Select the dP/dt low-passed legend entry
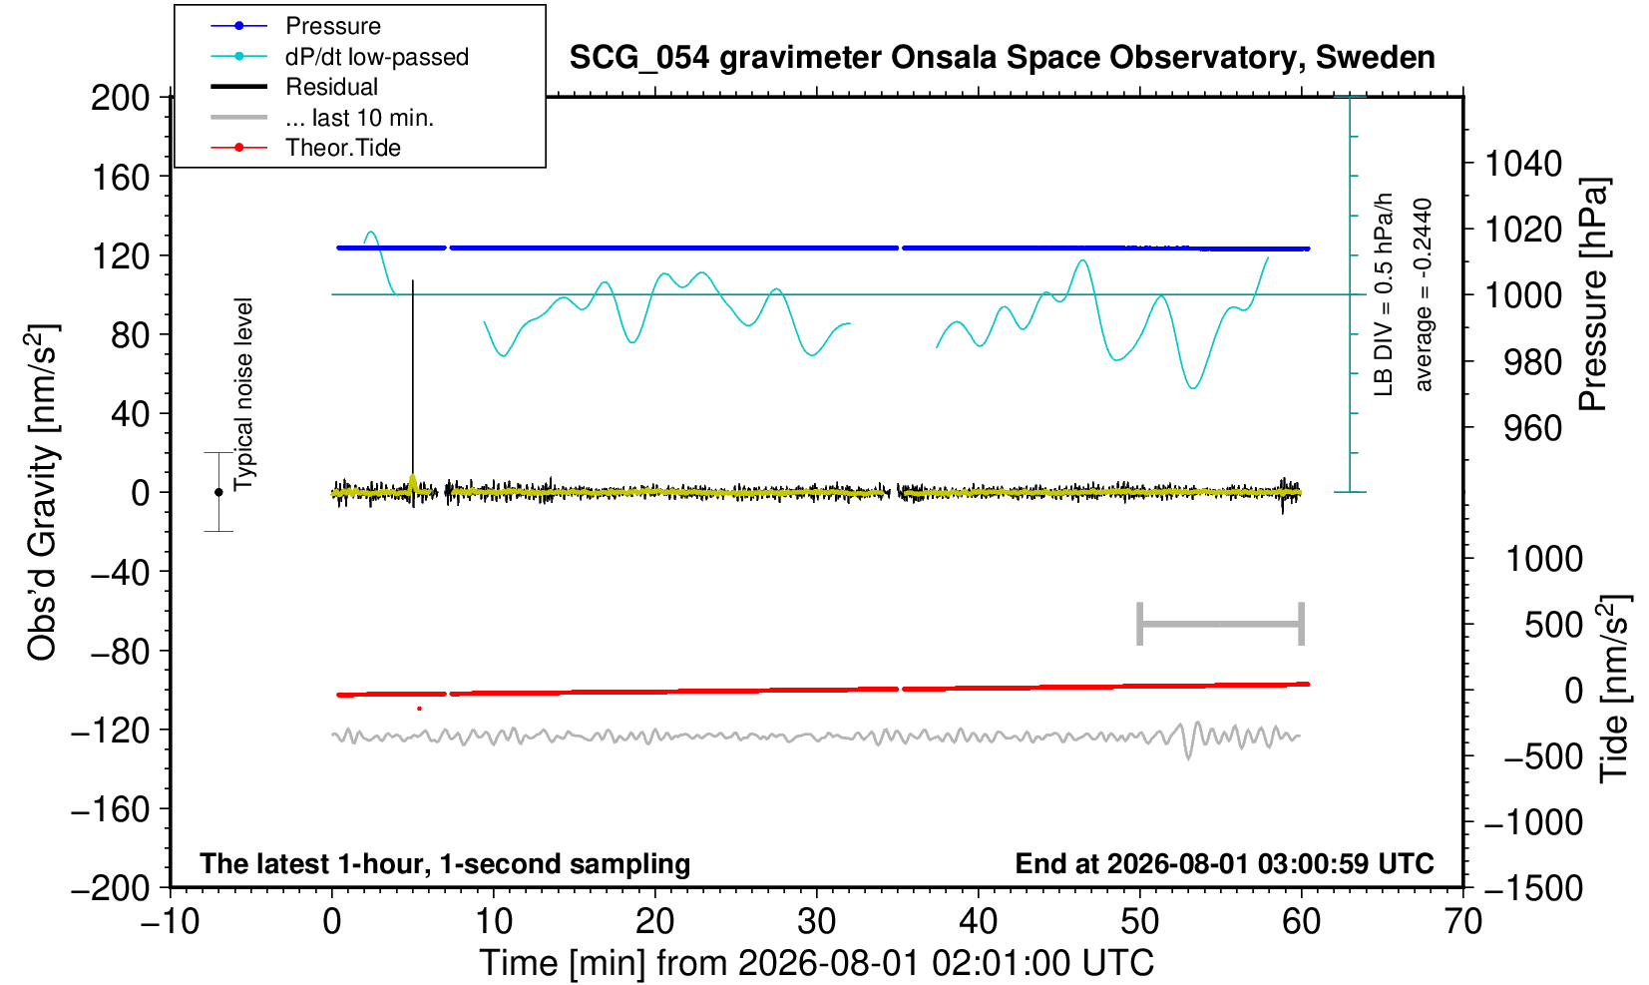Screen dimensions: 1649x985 point(339,57)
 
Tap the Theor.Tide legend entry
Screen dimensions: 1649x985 point(305,148)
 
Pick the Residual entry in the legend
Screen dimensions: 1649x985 point(294,87)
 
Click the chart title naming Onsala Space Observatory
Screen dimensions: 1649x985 point(1002,58)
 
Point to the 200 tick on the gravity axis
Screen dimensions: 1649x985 point(120,98)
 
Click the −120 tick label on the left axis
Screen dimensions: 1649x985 point(111,731)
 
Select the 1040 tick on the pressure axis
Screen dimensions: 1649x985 point(1523,163)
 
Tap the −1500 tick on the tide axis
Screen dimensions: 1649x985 point(1532,888)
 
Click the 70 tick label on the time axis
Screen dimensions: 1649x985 point(1462,922)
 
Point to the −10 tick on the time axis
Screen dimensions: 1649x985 point(170,922)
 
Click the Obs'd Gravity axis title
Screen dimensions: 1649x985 point(43,492)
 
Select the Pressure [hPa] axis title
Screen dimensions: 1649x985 point(1593,294)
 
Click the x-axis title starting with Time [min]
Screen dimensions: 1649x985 point(816,963)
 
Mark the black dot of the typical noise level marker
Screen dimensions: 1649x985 point(218,492)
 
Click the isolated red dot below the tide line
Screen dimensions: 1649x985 point(420,709)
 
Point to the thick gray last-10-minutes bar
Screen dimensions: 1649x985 point(1221,624)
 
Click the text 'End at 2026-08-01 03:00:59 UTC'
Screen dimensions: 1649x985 point(1224,863)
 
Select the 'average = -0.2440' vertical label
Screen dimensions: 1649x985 point(1423,294)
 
